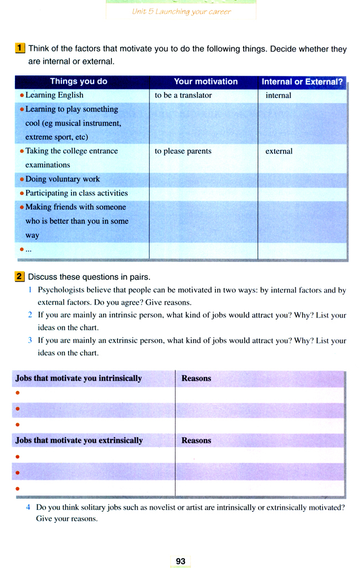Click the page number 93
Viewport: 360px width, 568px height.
point(181,561)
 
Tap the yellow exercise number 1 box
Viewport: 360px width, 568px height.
point(20,48)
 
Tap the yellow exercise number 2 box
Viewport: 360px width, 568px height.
point(20,276)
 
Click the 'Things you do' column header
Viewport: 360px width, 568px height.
point(79,81)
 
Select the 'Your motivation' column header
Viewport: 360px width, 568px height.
point(205,81)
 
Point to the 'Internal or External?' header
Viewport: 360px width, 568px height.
point(302,81)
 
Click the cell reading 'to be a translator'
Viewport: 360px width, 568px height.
point(183,95)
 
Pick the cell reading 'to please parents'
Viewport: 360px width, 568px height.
point(183,151)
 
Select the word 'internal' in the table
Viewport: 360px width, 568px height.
point(278,95)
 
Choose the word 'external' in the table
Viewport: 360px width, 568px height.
point(279,151)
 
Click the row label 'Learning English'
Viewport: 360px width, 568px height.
point(54,95)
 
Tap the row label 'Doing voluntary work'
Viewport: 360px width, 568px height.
point(63,179)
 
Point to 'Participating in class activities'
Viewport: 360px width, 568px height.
point(76,193)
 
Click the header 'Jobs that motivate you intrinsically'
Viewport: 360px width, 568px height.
point(79,378)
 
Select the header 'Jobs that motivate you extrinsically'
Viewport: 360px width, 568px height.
point(79,441)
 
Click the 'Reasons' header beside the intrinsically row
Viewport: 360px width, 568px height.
point(196,378)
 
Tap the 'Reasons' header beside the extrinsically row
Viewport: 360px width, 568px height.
point(196,441)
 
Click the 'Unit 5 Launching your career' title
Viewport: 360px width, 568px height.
point(181,11)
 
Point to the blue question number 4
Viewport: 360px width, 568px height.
point(28,507)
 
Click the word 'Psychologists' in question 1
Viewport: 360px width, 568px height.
point(60,290)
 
